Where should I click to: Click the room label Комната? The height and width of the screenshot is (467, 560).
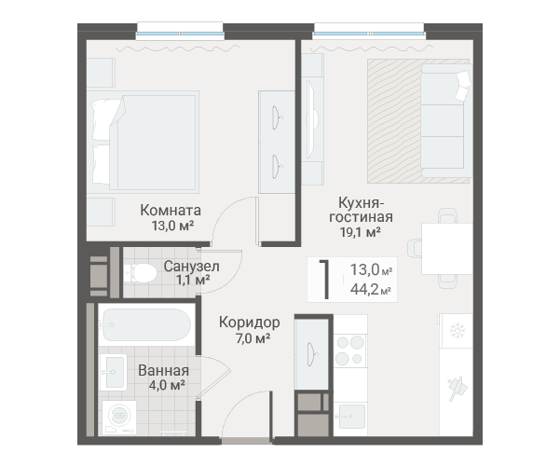click(171, 210)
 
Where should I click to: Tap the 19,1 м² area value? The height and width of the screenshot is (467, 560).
click(360, 232)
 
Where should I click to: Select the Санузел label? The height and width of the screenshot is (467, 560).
click(191, 267)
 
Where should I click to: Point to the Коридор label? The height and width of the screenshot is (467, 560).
click(250, 323)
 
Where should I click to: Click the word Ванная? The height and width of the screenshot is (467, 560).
click(164, 371)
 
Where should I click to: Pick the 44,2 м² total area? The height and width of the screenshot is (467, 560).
click(370, 289)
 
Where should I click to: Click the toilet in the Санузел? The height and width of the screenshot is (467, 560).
click(140, 273)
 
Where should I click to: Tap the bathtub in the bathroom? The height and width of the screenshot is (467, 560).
click(146, 324)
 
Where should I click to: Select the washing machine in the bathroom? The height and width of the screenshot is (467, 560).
click(119, 418)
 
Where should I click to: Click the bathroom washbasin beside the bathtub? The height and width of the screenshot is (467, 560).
click(114, 372)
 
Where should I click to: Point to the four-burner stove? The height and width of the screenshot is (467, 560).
click(349, 350)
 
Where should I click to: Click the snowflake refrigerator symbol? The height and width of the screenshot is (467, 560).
click(457, 331)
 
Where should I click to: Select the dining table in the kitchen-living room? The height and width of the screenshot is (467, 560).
click(447, 249)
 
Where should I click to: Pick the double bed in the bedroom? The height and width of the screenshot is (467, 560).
click(143, 142)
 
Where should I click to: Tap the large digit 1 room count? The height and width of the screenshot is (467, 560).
click(324, 280)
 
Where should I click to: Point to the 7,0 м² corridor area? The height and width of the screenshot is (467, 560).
click(253, 337)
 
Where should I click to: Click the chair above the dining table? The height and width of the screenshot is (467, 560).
click(447, 215)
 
